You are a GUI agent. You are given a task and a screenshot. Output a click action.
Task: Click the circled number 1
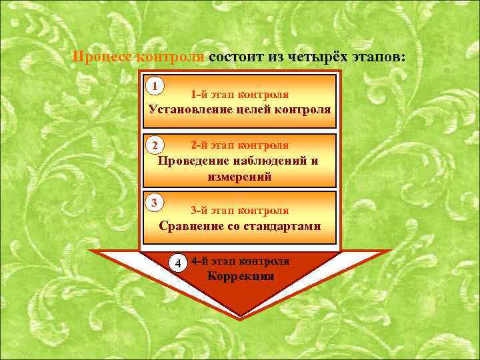(155, 86)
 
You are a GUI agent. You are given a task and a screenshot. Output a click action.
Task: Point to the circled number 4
(178, 262)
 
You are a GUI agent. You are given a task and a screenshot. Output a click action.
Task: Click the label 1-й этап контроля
(239, 95)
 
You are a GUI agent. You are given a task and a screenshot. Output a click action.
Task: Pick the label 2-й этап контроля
(239, 145)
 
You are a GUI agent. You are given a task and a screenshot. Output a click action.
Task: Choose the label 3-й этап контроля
(239, 211)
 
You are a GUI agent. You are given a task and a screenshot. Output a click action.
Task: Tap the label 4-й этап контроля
(240, 261)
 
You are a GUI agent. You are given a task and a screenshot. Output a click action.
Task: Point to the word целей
(255, 109)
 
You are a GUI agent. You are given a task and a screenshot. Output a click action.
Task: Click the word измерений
(239, 177)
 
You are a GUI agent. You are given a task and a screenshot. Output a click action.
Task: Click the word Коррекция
(240, 276)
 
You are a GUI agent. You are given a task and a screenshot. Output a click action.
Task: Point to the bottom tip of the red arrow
(240, 314)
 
